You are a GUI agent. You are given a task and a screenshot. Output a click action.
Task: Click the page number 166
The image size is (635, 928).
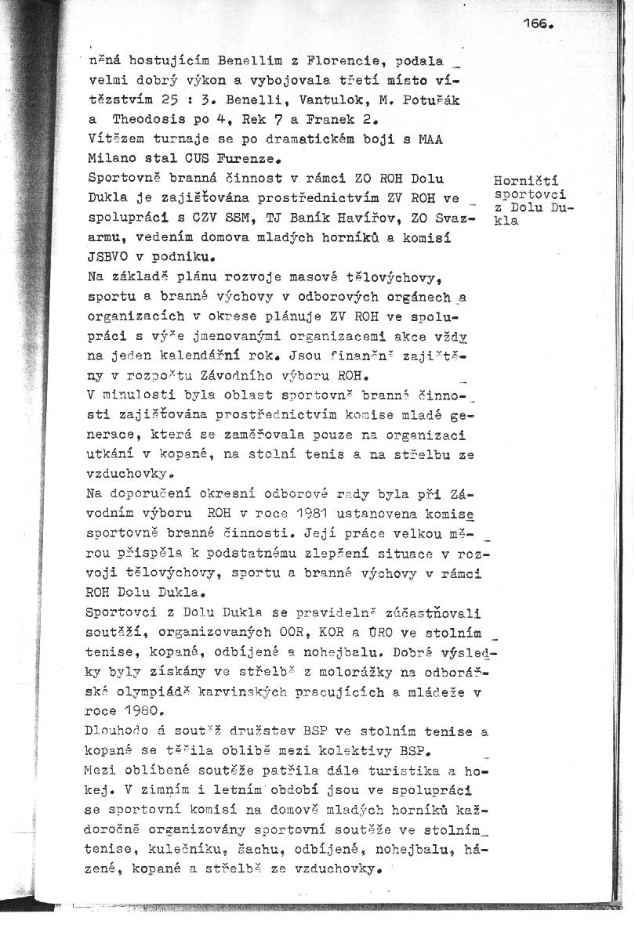538,24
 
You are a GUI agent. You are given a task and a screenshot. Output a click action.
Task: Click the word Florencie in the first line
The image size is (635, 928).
321,60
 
